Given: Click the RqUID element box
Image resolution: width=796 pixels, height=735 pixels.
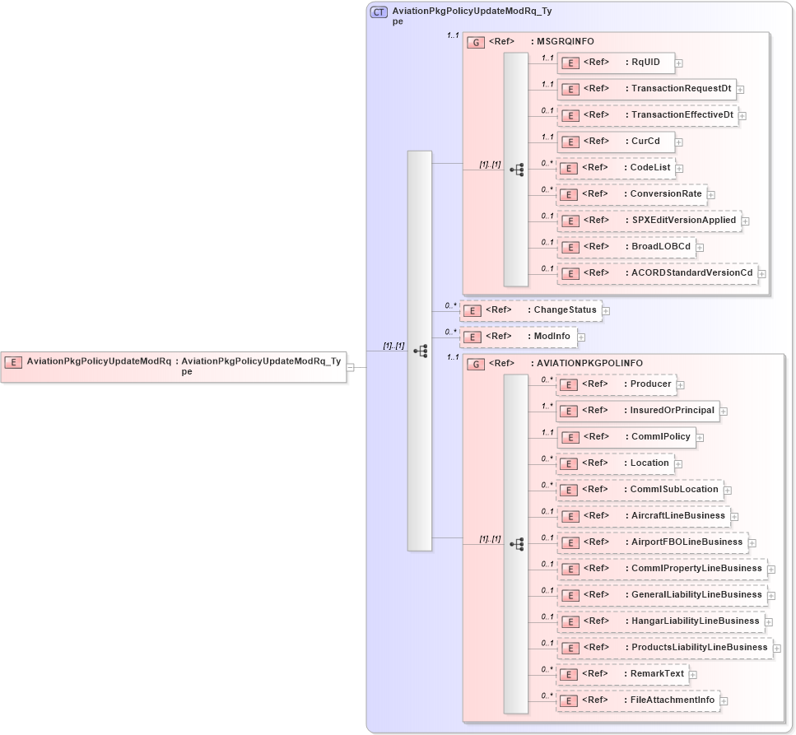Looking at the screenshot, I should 616,62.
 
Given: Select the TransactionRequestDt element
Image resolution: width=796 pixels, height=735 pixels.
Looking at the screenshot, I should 646,88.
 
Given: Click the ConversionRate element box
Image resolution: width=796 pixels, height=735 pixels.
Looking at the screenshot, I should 631,194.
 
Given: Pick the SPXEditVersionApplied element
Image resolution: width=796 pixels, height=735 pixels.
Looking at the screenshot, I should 649,221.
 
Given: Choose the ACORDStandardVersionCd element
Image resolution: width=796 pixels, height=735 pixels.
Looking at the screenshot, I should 657,273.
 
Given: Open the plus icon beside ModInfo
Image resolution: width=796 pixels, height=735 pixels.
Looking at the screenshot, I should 580,337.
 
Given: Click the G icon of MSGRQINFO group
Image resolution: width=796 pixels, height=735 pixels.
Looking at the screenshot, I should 475,42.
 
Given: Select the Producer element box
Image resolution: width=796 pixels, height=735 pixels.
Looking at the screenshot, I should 616,384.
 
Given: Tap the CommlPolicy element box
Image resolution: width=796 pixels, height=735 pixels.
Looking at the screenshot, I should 626,436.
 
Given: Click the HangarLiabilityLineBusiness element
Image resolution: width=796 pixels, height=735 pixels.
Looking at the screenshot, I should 659,621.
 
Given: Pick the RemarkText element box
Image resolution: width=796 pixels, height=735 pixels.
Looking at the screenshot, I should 622,673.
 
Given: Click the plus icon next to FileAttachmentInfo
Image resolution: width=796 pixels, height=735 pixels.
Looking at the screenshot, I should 724,701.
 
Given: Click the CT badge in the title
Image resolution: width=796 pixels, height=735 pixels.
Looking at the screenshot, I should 379,12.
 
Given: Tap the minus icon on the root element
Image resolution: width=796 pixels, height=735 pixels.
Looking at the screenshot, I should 351,367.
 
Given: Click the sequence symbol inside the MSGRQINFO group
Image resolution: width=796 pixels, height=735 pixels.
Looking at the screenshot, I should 516,170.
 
